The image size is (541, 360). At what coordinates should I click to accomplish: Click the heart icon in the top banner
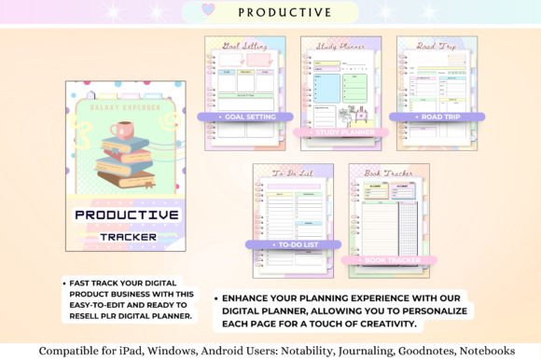pyautogui.click(x=208, y=11)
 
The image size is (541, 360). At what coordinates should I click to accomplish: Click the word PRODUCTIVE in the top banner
pyautogui.click(x=284, y=12)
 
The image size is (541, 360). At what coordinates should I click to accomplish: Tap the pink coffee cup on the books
pyautogui.click(x=121, y=130)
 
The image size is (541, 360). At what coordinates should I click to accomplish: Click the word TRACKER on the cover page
pyautogui.click(x=128, y=236)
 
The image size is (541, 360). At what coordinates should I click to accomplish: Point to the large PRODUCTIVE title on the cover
pyautogui.click(x=127, y=215)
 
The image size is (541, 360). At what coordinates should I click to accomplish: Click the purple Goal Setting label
pyautogui.click(x=244, y=118)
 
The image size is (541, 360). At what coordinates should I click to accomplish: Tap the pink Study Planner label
pyautogui.click(x=340, y=132)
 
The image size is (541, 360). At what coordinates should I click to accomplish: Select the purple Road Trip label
pyautogui.click(x=436, y=118)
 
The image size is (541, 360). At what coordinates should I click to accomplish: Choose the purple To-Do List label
pyautogui.click(x=292, y=244)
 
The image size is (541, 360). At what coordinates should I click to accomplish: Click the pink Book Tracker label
pyautogui.click(x=388, y=260)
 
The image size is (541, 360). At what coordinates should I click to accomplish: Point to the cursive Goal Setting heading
pyautogui.click(x=244, y=45)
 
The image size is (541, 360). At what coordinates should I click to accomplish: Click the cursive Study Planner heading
pyautogui.click(x=340, y=45)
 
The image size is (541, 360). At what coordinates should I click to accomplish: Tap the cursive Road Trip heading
pyautogui.click(x=436, y=45)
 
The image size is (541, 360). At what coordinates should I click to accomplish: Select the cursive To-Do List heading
pyautogui.click(x=292, y=173)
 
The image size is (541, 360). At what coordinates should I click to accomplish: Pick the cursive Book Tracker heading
pyautogui.click(x=388, y=173)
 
